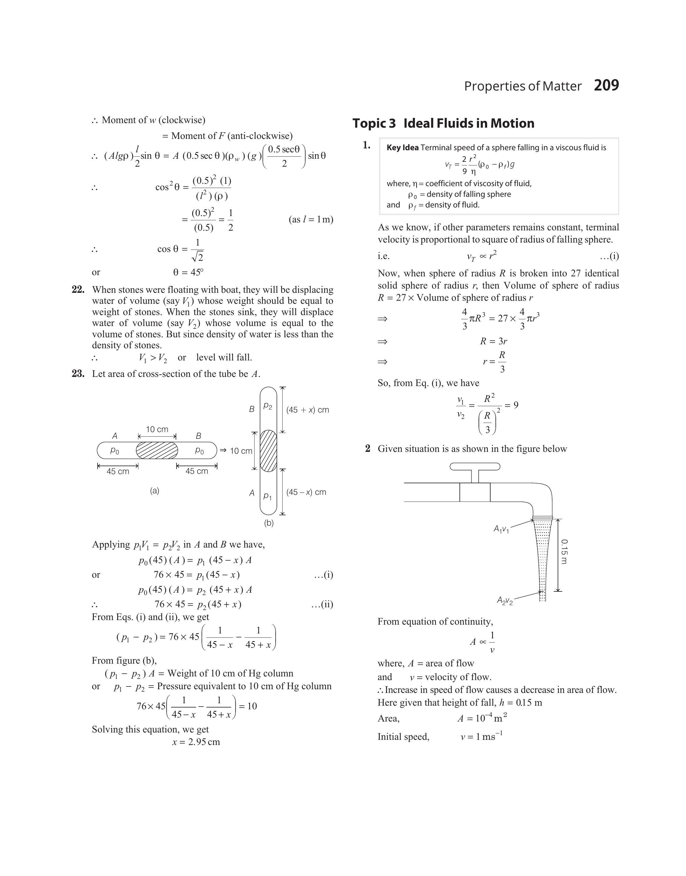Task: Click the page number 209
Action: (x=606, y=86)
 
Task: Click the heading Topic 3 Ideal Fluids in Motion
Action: (x=443, y=123)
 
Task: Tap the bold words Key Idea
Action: (x=402, y=148)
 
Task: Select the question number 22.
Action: (x=78, y=290)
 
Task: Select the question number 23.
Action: (x=78, y=374)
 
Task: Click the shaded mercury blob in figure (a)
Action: (x=157, y=451)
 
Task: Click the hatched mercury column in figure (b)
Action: (x=268, y=451)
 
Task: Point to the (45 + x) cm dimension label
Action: (x=307, y=410)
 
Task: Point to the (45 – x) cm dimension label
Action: (x=306, y=492)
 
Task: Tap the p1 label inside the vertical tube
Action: (x=267, y=496)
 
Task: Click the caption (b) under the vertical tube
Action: (x=269, y=523)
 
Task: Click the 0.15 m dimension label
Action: (x=564, y=551)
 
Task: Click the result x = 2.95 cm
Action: (x=196, y=742)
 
